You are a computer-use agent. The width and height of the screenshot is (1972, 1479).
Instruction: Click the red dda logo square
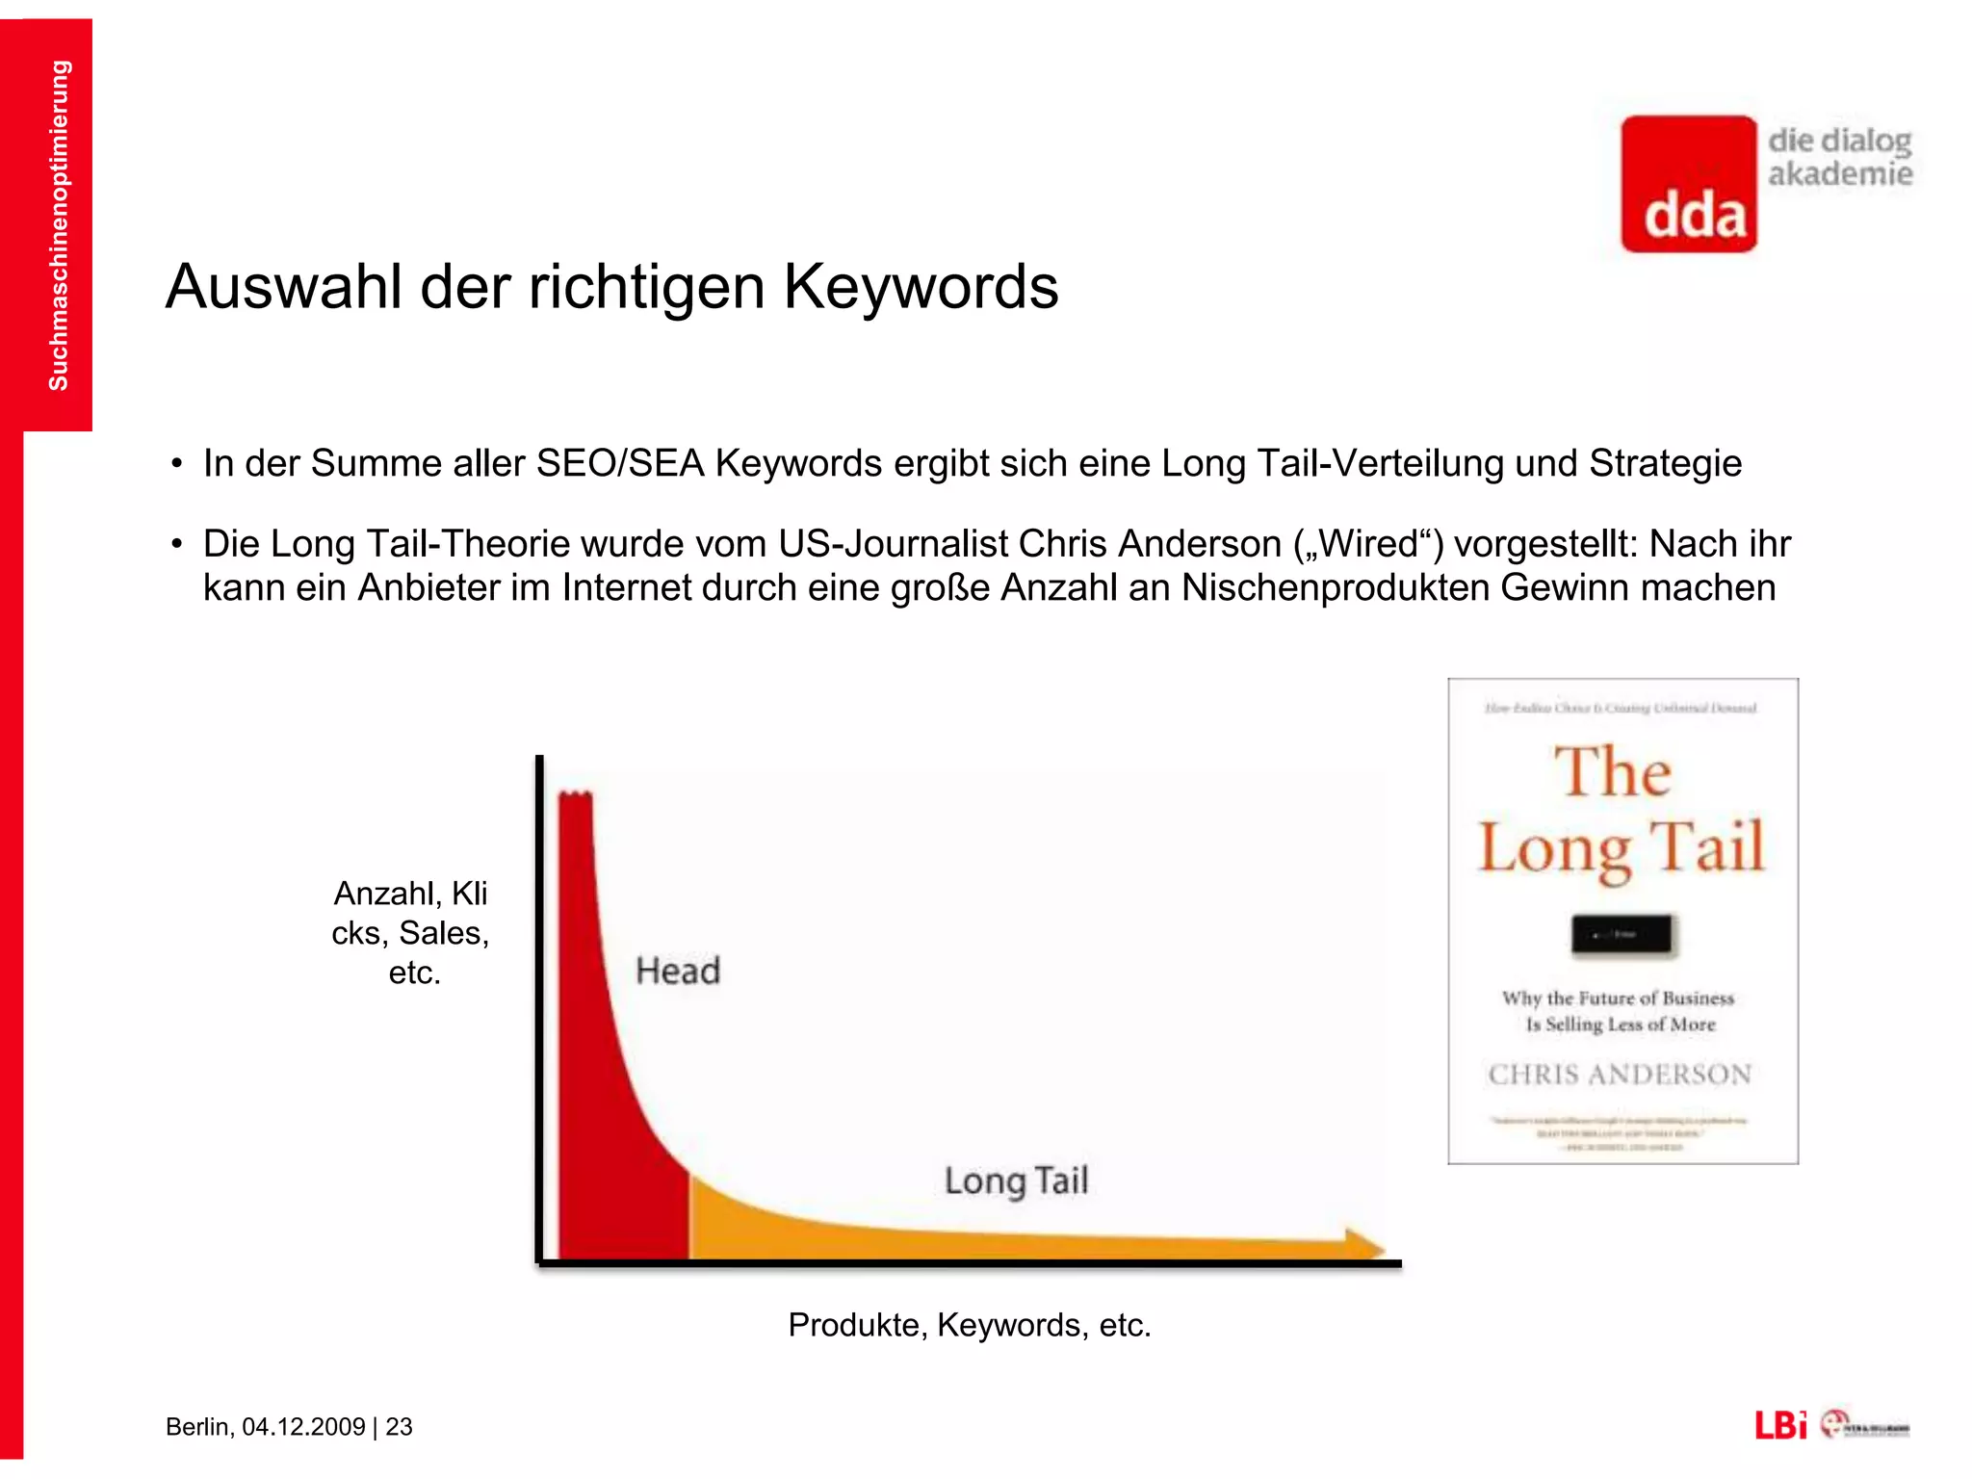1688,184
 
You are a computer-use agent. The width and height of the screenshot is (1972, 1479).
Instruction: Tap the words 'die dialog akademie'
1839,157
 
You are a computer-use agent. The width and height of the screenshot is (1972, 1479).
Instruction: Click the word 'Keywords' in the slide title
921,287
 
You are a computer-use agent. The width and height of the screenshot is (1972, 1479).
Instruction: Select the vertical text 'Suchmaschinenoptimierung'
58,225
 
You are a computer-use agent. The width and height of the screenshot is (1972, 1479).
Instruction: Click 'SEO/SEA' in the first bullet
619,464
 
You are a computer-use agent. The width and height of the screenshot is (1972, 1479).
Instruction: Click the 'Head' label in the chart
678,971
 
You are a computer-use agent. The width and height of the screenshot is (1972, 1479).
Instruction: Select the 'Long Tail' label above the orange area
1016,1181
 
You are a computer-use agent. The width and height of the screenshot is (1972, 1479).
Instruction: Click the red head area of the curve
607,1107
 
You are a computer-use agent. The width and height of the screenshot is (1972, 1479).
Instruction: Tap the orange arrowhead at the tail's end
1362,1243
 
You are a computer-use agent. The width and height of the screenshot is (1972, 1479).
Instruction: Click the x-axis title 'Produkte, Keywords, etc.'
969,1325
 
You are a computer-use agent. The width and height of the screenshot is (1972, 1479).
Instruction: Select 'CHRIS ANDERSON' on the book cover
1620,1075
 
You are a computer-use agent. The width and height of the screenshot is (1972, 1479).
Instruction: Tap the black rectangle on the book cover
1622,934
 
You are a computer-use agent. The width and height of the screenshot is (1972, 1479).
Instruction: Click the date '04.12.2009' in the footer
303,1427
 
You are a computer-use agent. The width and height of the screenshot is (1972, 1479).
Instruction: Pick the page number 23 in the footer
399,1427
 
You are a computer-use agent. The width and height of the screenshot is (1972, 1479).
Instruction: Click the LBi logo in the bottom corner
1779,1425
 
